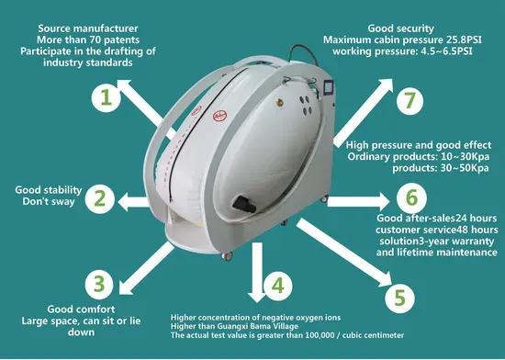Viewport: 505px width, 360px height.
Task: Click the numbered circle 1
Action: click(106, 97)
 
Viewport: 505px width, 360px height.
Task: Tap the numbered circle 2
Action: click(100, 198)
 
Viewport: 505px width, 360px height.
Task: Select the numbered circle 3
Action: click(99, 285)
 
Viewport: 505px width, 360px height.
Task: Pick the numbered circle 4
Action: click(277, 286)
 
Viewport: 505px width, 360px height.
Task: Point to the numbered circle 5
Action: click(399, 298)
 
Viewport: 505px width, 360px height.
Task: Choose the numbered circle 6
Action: click(411, 197)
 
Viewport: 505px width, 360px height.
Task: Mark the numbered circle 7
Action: click(410, 100)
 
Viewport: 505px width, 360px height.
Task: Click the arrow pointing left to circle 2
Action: click(134, 202)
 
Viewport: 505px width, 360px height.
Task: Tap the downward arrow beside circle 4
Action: click(257, 272)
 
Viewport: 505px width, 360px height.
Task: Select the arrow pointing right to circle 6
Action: click(358, 201)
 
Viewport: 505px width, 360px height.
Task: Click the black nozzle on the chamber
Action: click(244, 204)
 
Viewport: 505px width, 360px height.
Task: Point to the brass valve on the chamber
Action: click(279, 103)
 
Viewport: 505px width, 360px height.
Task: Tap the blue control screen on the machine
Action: click(329, 88)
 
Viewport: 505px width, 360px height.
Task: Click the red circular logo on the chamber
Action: click(220, 116)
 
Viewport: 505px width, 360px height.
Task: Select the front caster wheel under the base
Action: click(227, 256)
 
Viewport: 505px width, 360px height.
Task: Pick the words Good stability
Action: click(49, 190)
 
